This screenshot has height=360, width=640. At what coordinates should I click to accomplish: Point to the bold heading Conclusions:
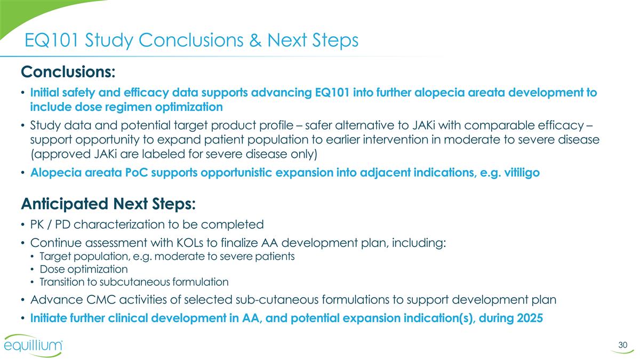click(x=68, y=71)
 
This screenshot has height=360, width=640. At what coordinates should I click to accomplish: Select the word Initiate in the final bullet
click(x=48, y=318)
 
